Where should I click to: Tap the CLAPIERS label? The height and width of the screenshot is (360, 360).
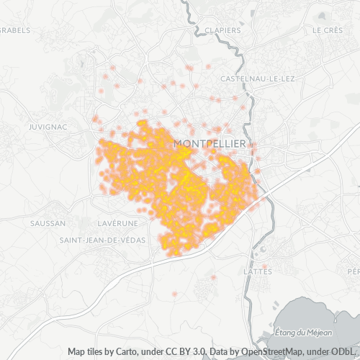[x=222, y=30]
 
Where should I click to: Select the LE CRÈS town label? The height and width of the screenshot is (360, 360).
[x=328, y=30]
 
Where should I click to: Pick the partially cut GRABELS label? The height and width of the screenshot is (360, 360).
[x=14, y=30]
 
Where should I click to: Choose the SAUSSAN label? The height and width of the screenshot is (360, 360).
[x=48, y=223]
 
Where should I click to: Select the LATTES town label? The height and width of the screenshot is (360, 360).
[x=258, y=271]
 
